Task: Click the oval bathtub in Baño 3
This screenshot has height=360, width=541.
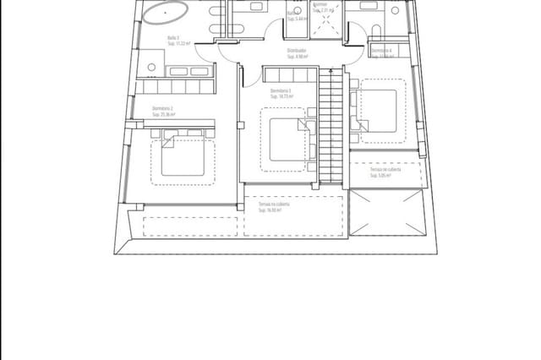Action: tap(164, 13)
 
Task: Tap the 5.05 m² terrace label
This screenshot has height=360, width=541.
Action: tap(385, 172)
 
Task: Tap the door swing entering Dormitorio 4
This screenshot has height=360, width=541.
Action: tap(354, 69)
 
